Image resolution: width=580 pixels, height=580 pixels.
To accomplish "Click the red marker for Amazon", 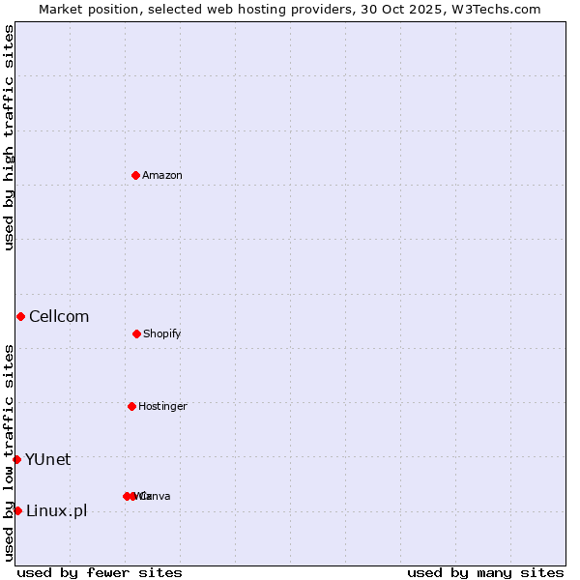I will (135, 175).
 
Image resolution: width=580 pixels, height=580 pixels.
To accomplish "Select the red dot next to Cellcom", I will (20, 316).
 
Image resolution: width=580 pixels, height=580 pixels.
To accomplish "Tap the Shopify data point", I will (136, 333).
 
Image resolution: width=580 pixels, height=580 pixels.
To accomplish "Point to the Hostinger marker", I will (131, 406).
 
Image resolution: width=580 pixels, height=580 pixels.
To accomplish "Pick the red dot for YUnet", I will (16, 459).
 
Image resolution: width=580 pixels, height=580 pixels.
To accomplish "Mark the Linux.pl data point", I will (17, 510).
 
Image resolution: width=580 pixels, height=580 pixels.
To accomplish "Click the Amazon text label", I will (162, 175).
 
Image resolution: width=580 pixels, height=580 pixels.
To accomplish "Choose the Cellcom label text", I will (59, 316).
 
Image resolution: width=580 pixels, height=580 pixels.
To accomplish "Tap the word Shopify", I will (162, 333).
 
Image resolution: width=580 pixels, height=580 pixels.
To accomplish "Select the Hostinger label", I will (162, 406).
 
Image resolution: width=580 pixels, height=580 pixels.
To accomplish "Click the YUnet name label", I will (47, 459).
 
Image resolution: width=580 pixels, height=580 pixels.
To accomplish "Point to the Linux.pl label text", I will (56, 510).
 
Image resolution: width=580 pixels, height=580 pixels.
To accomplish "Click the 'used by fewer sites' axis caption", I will (100, 572).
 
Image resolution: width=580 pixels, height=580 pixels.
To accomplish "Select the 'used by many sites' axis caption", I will (485, 572).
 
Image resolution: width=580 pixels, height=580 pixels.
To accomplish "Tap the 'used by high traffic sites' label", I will (9, 137).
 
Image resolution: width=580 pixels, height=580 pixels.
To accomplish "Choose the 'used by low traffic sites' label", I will (9, 452).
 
